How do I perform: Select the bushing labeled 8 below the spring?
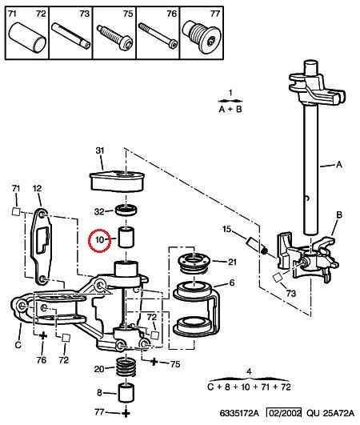tap(126, 393)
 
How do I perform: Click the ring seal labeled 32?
tap(126, 210)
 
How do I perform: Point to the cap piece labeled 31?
tap(117, 181)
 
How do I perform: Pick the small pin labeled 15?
tap(253, 241)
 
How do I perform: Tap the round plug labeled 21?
tap(194, 262)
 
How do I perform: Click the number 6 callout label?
tap(232, 283)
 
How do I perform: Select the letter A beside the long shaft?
tap(339, 164)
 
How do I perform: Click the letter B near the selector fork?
tap(339, 215)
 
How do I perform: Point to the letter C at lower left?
tap(18, 345)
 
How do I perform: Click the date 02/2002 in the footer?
tap(284, 413)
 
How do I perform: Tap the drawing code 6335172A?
tap(239, 413)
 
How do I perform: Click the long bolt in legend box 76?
tap(158, 36)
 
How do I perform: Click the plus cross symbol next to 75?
tap(154, 361)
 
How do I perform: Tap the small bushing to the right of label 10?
tap(126, 237)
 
